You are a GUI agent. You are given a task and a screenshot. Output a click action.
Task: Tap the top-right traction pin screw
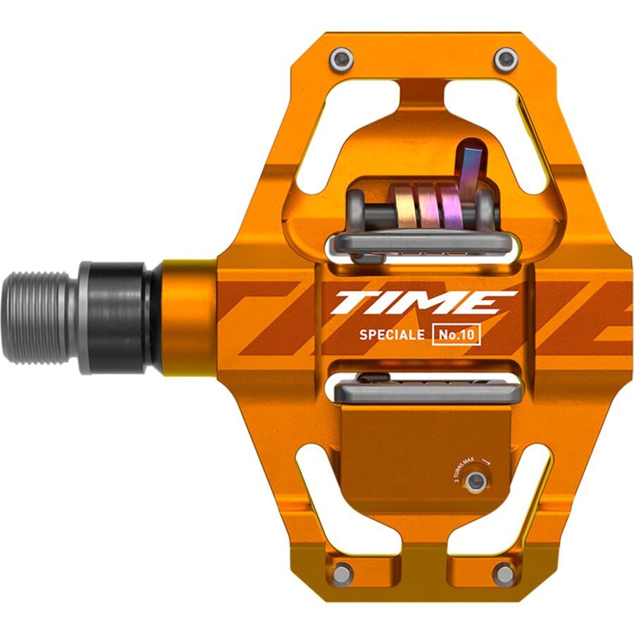coord(505,60)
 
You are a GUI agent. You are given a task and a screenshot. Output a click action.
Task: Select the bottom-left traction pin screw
coord(342,573)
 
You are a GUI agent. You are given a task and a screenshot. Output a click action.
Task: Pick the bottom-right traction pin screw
coord(504,574)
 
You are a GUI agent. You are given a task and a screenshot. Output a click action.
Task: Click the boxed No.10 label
coord(456,335)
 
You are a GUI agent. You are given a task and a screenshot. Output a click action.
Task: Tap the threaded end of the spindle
coord(39,317)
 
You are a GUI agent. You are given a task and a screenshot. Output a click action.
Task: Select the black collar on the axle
coord(120,317)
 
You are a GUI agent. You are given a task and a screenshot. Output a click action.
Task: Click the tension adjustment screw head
coord(475,481)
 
